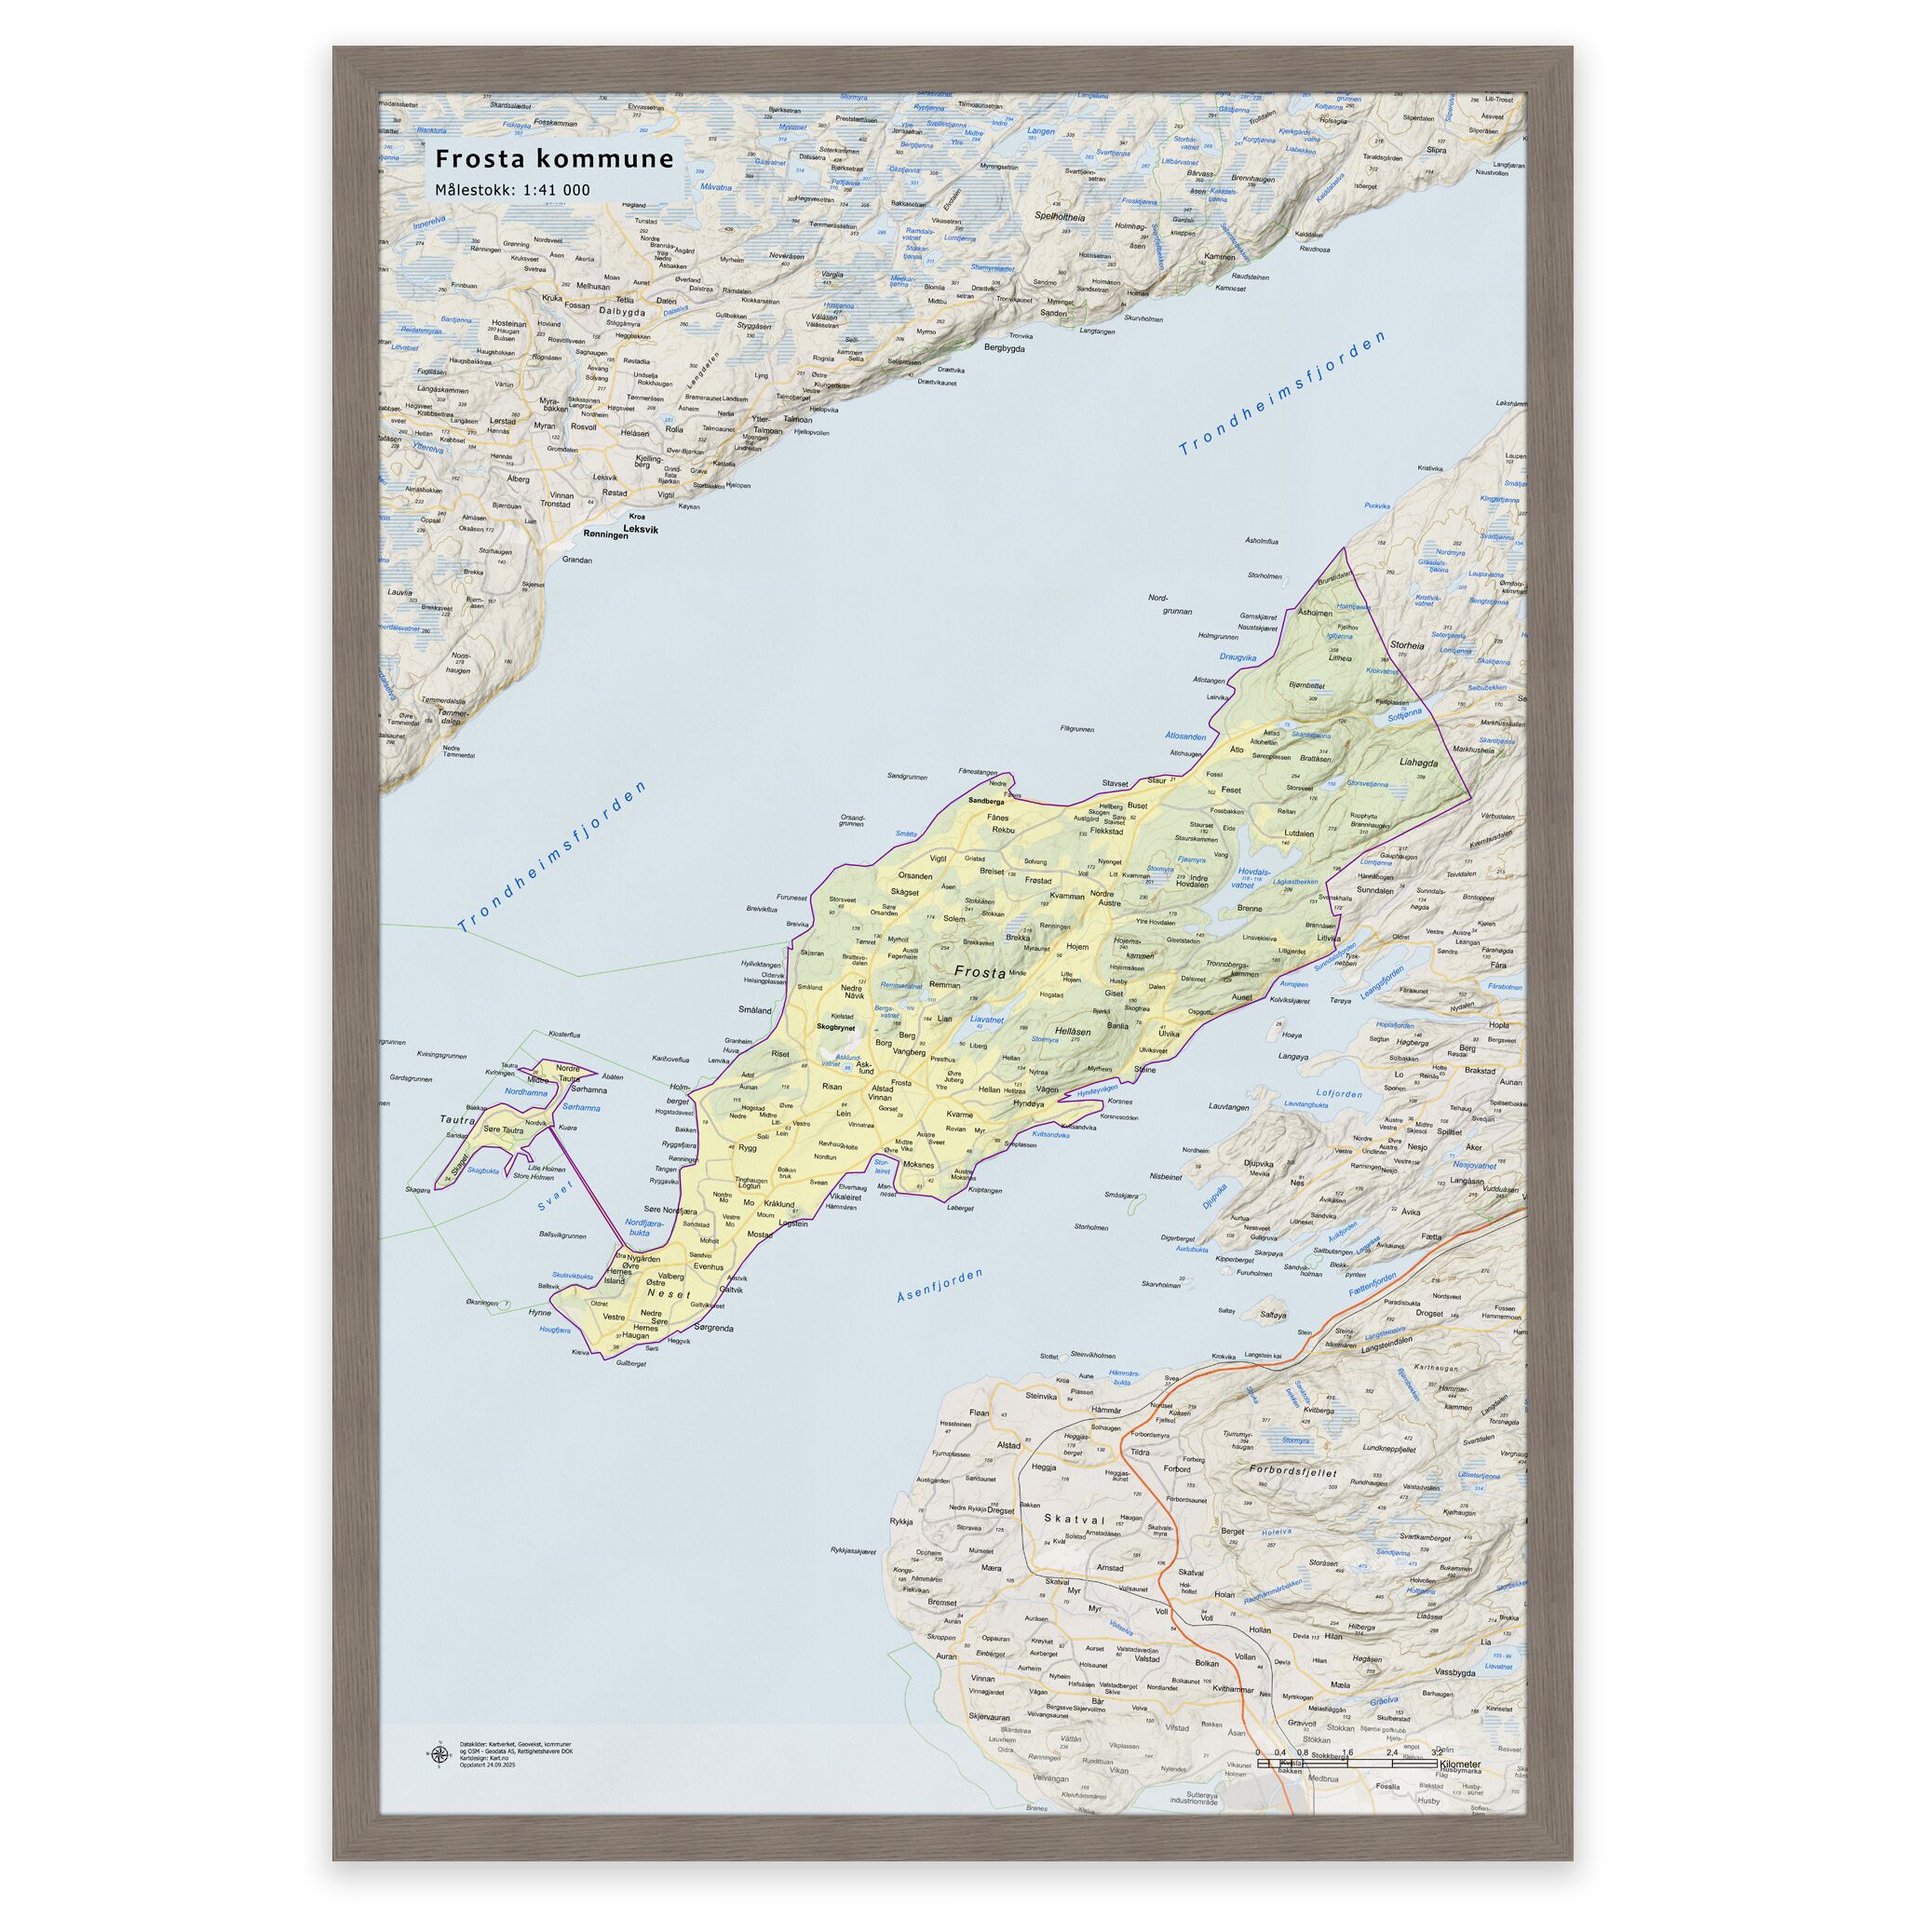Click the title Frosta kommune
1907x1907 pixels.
555,159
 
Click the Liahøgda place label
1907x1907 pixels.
1418,763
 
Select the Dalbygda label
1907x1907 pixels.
619,312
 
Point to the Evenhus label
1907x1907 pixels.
708,1265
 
